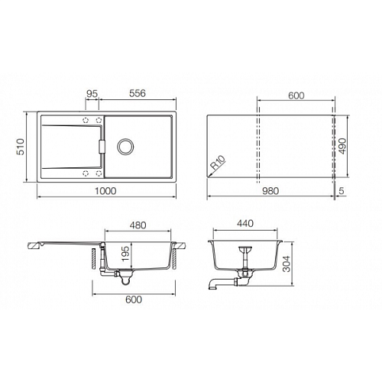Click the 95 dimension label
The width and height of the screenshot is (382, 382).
coord(92,94)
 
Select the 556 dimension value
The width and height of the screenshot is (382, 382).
coord(138,93)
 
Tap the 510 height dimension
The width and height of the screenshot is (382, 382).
coord(20,147)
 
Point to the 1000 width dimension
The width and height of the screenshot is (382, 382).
coord(105,191)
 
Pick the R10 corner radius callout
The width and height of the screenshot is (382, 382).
coord(218,163)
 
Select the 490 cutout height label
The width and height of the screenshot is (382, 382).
coord(342,146)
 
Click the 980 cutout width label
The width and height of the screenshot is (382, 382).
coord(270,191)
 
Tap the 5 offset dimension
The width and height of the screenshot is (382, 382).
coord(342,191)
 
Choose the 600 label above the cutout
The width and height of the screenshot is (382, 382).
coord(296,95)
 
